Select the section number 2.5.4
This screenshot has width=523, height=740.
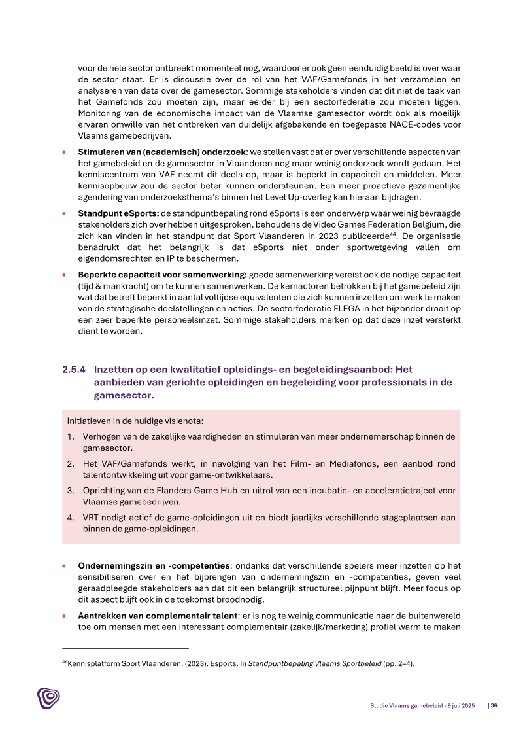point(74,369)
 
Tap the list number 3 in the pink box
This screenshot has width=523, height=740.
point(70,490)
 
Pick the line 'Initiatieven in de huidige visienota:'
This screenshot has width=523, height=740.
point(139,421)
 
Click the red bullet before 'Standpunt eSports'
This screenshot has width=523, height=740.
point(64,214)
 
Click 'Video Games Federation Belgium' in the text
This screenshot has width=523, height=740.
point(371,223)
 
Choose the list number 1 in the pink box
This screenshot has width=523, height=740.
point(70,436)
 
